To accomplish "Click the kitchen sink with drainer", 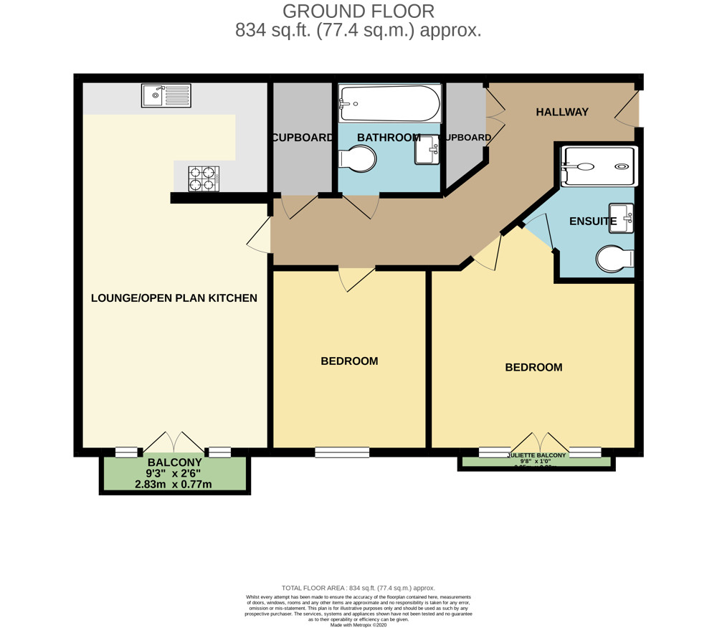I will (x=166, y=95).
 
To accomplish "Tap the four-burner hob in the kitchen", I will (x=203, y=178).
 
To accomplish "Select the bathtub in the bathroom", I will (x=389, y=103).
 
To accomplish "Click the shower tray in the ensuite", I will (x=597, y=166).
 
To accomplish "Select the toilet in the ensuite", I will (x=615, y=260).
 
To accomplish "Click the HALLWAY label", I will (x=562, y=112).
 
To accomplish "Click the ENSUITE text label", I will (x=592, y=222).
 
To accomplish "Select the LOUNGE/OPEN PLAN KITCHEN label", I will (x=174, y=298).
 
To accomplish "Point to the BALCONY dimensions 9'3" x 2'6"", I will (x=174, y=474).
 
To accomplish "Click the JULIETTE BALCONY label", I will (x=536, y=455).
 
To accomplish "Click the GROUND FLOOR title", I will (x=358, y=11).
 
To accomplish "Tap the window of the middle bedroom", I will (x=342, y=452).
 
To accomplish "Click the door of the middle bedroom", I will (x=356, y=278).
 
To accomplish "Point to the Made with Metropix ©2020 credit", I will (x=358, y=624).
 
